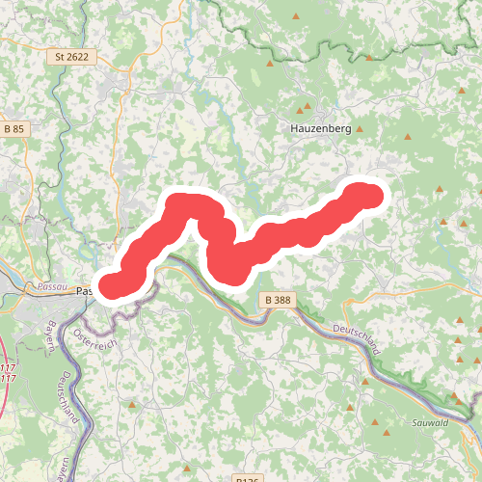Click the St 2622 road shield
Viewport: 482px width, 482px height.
(x=71, y=57)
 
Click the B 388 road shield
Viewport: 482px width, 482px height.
(x=277, y=301)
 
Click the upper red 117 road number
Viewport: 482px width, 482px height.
(x=8, y=368)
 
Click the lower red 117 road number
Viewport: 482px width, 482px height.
(x=8, y=378)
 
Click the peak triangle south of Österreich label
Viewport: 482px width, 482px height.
(x=131, y=405)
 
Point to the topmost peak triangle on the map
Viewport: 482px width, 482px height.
(x=294, y=17)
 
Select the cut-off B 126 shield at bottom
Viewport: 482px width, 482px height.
(x=248, y=478)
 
